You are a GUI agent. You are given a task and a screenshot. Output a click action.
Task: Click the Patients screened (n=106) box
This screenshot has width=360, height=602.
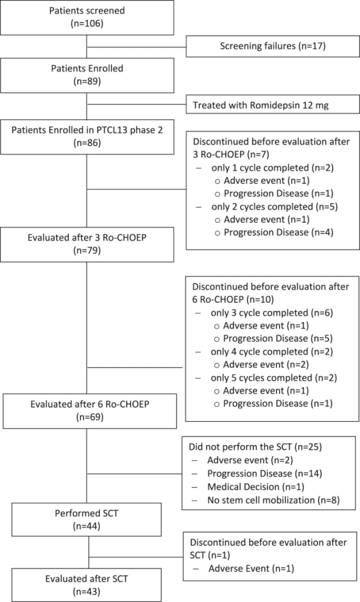(x=87, y=17)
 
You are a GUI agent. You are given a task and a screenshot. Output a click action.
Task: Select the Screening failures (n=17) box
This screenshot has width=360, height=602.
(x=273, y=46)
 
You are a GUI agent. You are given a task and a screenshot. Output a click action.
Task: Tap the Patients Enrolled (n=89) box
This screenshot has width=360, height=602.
(x=87, y=75)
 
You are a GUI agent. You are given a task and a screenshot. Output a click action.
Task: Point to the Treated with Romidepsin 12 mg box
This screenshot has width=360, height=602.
(x=273, y=105)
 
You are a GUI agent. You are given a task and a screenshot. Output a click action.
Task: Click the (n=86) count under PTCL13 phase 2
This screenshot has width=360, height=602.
(x=87, y=143)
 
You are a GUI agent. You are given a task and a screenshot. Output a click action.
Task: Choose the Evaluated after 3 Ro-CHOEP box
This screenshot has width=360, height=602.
(x=87, y=244)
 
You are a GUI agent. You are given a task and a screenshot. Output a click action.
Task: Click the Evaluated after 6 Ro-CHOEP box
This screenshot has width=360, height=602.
(x=90, y=411)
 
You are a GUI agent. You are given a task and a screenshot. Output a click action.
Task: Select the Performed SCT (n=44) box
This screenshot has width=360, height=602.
(x=86, y=519)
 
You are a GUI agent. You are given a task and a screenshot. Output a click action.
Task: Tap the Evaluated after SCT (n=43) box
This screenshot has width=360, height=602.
(x=86, y=585)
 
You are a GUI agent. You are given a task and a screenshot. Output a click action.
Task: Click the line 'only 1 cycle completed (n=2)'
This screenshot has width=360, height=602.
(x=272, y=168)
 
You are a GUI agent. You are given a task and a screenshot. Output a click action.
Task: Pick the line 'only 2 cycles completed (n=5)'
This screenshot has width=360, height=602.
(x=274, y=206)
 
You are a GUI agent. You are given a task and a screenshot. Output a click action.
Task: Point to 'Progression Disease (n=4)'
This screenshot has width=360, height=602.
(x=278, y=233)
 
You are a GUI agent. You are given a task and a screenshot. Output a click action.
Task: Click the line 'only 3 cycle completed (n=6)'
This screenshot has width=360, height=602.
(x=272, y=312)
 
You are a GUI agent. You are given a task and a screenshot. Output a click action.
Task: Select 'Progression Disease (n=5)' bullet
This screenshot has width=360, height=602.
(x=278, y=338)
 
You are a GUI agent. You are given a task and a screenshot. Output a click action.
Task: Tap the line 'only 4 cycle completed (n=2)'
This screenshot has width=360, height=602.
(x=272, y=351)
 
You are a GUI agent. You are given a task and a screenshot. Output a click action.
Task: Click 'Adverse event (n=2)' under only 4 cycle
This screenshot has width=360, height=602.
(x=266, y=365)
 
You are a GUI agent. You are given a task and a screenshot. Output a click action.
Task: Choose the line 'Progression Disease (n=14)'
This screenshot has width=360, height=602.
(x=265, y=474)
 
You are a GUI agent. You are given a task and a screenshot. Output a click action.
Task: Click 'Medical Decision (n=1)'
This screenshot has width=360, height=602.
(x=256, y=487)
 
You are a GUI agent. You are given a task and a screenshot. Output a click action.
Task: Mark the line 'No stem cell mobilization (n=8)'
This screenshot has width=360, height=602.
(x=274, y=500)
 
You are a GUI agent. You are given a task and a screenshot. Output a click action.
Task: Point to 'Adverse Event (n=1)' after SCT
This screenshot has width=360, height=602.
(x=252, y=568)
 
